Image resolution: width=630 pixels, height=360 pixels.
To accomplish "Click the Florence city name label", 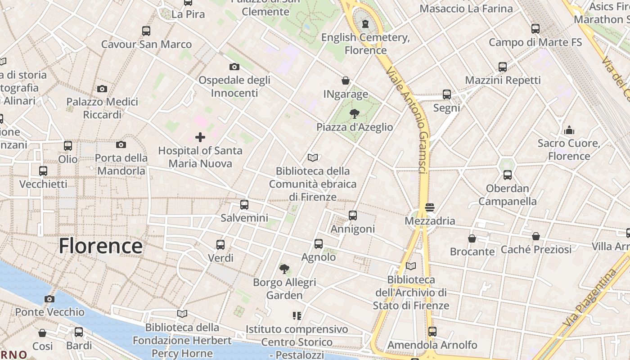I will [101, 246].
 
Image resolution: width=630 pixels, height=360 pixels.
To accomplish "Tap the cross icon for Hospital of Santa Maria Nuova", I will [200, 137].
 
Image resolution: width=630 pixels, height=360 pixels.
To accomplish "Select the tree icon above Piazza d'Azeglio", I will [355, 113].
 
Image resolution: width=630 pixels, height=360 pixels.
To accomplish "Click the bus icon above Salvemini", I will [244, 205].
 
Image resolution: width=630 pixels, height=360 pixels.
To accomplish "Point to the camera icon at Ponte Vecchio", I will [49, 299].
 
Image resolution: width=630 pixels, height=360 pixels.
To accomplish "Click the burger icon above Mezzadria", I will [430, 207].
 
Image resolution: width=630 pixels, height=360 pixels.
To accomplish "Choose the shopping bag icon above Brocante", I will [472, 238].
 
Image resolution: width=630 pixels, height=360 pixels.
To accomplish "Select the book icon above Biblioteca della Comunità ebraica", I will [313, 157].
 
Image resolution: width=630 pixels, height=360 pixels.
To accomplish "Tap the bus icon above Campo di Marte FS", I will [535, 29].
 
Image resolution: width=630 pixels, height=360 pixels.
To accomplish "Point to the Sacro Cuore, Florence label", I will [569, 150].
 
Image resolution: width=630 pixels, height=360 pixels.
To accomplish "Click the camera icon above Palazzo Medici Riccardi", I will [102, 89].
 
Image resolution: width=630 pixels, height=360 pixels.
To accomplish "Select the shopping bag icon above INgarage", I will [346, 81].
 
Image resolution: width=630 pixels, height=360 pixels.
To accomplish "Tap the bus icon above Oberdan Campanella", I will [508, 175].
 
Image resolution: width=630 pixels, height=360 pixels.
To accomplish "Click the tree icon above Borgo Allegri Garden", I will [284, 269].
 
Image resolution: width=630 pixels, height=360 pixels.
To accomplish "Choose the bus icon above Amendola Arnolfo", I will [432, 332].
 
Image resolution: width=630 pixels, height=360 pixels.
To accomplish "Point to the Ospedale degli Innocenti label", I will [234, 86].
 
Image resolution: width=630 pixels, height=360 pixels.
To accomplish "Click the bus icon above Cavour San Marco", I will [146, 31].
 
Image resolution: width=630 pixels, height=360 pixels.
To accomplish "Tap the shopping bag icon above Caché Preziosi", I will [536, 236].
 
